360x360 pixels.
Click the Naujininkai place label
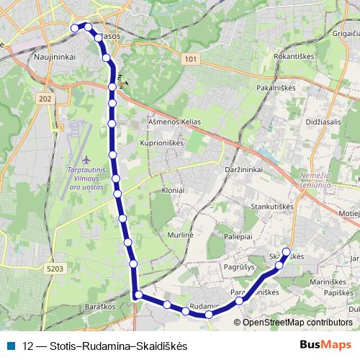coord(50,64)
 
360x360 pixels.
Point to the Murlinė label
coord(181,235)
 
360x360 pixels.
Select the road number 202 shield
coord(46,99)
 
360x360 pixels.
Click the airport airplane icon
coord(87,159)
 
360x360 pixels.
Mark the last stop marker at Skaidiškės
coord(287,252)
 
